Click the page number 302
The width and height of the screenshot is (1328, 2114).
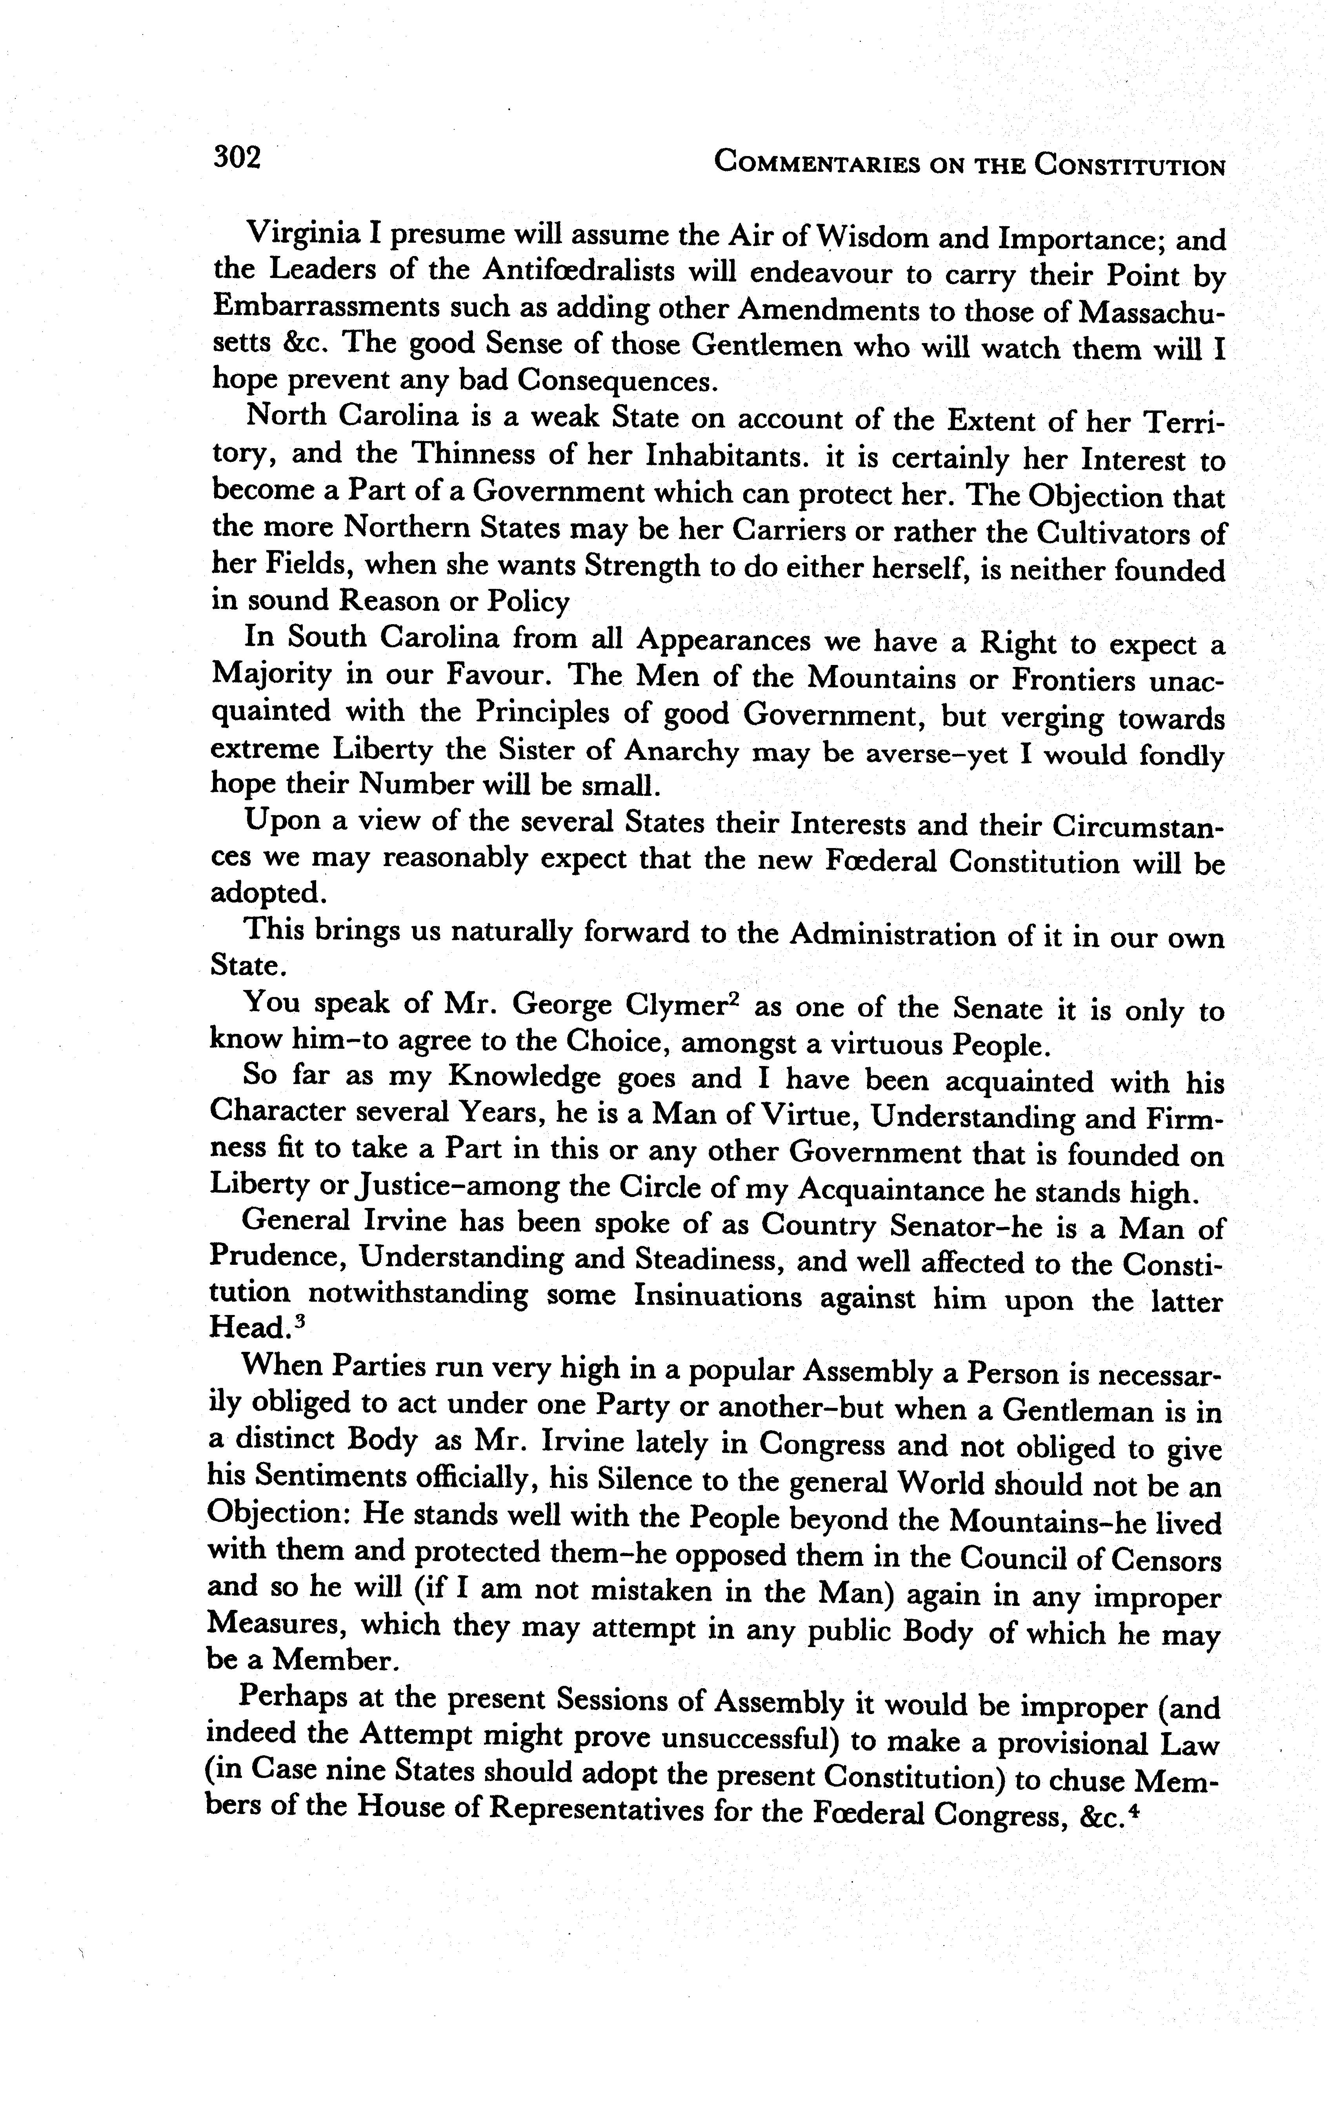pyautogui.click(x=237, y=158)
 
